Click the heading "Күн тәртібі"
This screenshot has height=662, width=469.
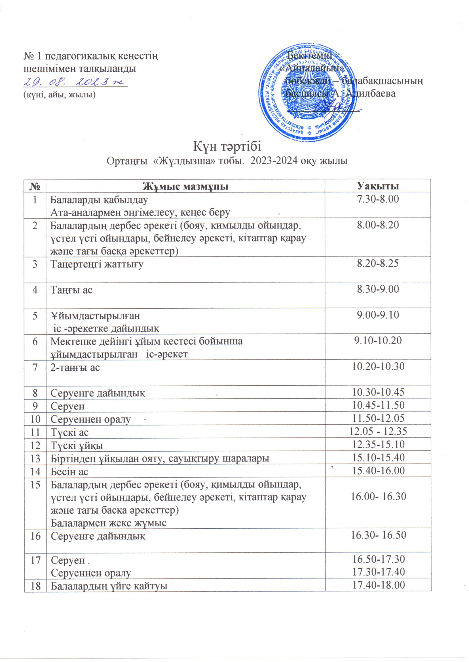(227, 146)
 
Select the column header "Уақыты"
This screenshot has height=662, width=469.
(378, 186)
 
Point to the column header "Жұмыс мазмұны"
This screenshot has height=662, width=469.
(186, 186)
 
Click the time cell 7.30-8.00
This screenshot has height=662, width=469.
(378, 199)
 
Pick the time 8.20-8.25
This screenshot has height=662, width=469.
(378, 264)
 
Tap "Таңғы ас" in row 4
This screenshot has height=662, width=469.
(72, 289)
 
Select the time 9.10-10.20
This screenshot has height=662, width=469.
(378, 341)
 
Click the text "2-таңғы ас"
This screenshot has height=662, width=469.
(75, 367)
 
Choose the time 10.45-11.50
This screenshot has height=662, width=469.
(378, 405)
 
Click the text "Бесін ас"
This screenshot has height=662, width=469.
(69, 472)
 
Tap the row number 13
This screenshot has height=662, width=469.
(35, 458)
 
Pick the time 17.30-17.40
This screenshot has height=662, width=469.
(378, 571)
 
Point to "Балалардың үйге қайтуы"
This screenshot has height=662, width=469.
(109, 585)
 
